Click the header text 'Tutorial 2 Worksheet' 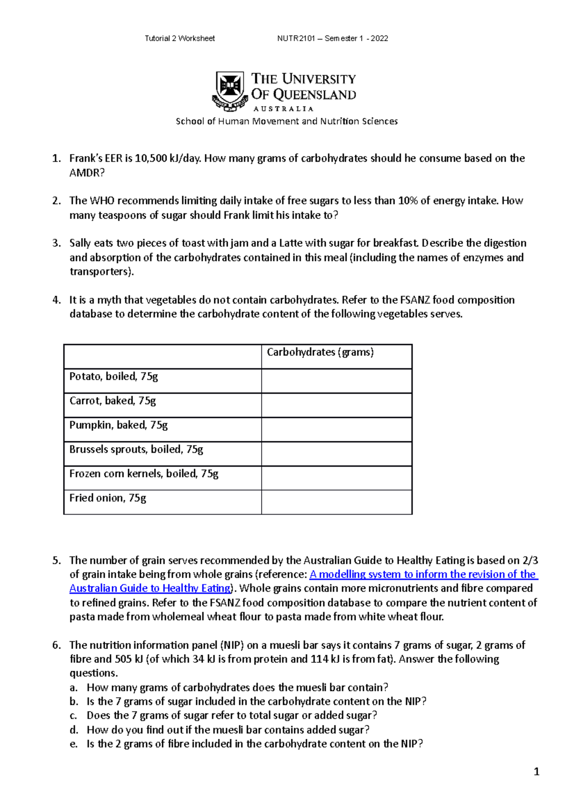coord(179,38)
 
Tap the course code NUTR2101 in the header coord(296,38)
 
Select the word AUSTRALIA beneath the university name coord(283,109)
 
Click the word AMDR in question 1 coord(86,173)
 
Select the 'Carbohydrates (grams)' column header coord(320,352)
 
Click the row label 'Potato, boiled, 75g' coord(113,376)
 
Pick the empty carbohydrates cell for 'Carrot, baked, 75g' coord(336,406)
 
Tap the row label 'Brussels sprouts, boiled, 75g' coord(136,450)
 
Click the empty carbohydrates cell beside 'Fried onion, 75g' coord(336,502)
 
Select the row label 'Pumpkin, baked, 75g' coord(118,425)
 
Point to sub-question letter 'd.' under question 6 coord(74,730)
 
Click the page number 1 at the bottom coord(536,771)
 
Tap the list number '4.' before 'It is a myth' coord(56,300)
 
